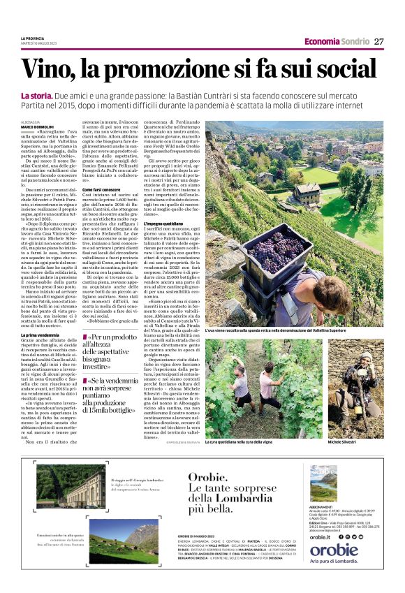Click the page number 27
[x=379, y=41]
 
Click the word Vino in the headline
[x=50, y=70]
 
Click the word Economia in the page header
[x=323, y=41]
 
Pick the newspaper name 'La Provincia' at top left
[x=33, y=38]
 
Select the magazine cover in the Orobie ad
[x=323, y=483]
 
